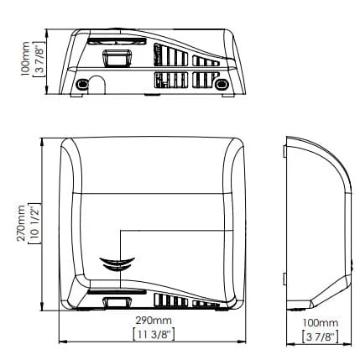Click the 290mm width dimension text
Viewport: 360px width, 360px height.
(x=154, y=321)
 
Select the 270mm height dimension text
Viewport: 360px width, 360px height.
(x=21, y=223)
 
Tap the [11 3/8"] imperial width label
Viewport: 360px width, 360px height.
(x=154, y=335)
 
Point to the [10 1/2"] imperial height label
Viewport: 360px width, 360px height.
(x=35, y=223)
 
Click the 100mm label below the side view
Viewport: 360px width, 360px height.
(x=321, y=323)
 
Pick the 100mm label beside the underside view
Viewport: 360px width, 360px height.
(x=25, y=59)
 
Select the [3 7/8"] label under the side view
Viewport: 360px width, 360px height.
(x=321, y=337)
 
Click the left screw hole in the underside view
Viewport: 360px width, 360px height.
(x=82, y=84)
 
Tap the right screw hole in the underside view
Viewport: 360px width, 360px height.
(x=222, y=84)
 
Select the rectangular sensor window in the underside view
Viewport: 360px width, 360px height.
(x=117, y=58)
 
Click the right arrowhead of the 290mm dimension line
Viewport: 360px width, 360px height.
(x=242, y=342)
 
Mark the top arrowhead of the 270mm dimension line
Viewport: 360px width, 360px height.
(x=42, y=142)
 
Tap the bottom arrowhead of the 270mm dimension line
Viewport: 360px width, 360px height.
(x=42, y=306)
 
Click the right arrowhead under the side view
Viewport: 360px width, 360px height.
(x=347, y=344)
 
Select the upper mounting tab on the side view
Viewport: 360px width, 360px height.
(x=284, y=151)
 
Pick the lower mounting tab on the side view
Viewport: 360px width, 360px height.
(x=284, y=279)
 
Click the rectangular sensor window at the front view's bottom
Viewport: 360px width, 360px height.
(x=117, y=302)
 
